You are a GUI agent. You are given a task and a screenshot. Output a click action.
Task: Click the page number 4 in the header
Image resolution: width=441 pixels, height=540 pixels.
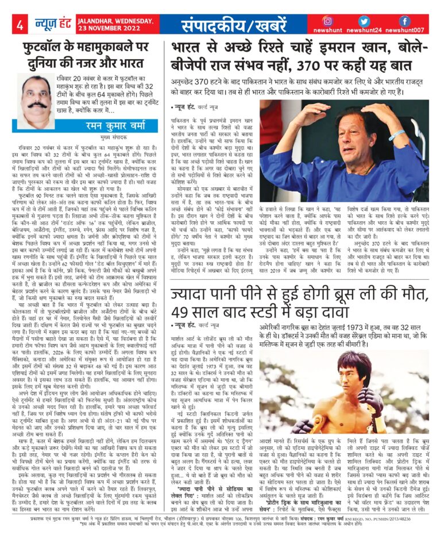[20, 24]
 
